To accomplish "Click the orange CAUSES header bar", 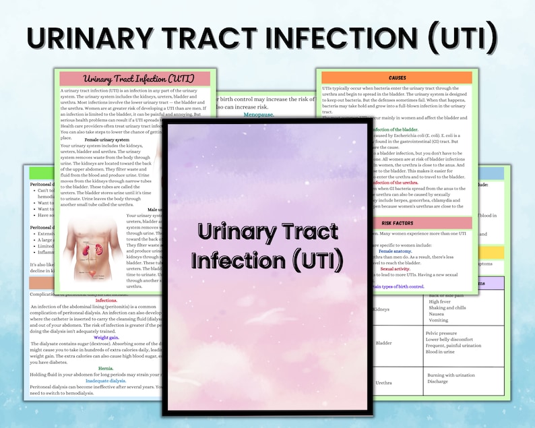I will point(397,78).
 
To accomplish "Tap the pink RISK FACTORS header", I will point(397,222).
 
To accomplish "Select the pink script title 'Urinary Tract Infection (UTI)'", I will point(135,79).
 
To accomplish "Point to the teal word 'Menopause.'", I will point(258,115).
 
